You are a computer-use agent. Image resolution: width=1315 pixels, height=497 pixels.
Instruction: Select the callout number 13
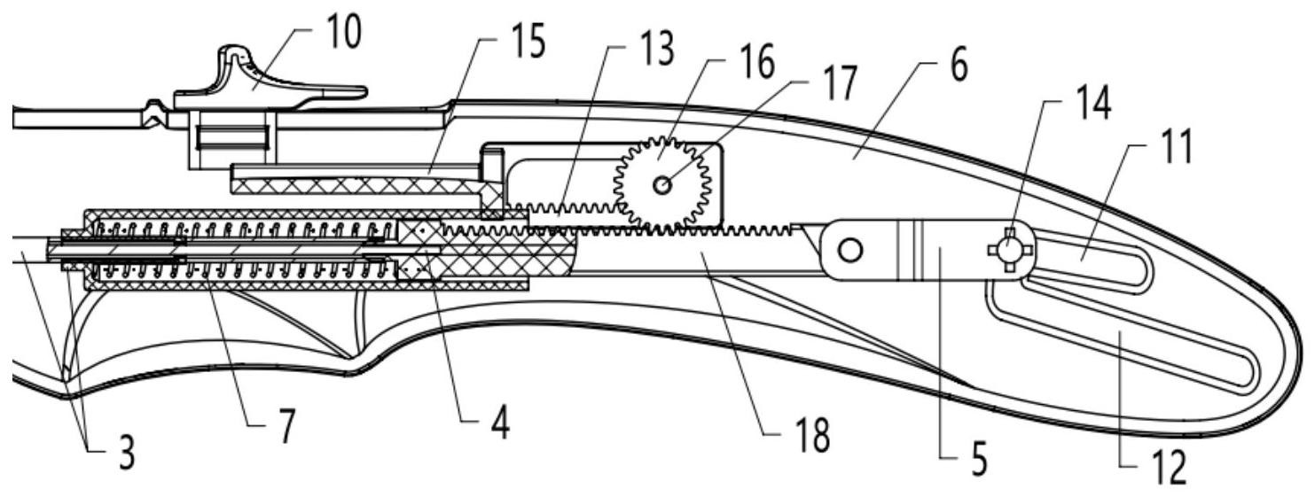(x=656, y=48)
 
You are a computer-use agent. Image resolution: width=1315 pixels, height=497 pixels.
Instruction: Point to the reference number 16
(x=757, y=62)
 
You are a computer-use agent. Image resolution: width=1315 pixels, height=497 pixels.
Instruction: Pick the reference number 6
(x=959, y=66)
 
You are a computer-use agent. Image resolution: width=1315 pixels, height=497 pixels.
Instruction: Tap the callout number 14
(x=1093, y=103)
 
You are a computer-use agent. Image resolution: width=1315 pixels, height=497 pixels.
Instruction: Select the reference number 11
(x=1176, y=147)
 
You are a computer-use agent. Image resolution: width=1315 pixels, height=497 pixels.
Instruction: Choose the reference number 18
(x=812, y=435)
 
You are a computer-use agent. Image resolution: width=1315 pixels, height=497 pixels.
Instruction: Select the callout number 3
(x=127, y=453)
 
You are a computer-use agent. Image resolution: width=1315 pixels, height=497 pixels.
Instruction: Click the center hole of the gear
(x=662, y=185)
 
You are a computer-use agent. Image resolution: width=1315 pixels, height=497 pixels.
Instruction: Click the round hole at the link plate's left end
(x=850, y=250)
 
